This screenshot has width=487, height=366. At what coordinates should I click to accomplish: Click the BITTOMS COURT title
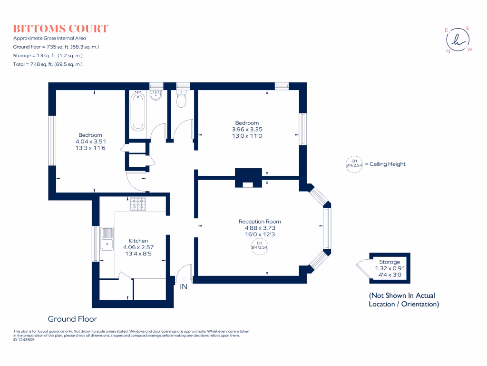coord(61,28)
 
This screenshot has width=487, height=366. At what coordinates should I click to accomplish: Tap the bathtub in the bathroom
coord(137,112)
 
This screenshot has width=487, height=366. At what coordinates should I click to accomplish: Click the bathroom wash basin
coord(156,95)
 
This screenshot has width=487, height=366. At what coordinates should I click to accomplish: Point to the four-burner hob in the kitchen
coord(138,204)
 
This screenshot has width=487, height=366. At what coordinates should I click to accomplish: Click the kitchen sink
coord(107,239)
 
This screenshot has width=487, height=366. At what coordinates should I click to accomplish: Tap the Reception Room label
coord(259,221)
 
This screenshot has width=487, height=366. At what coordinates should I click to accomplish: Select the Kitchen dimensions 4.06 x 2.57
coord(138,247)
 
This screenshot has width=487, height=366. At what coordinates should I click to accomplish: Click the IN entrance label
coord(184,287)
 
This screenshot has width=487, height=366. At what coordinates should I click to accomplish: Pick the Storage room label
coord(390,262)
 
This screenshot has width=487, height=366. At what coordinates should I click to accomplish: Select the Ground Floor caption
coord(72,319)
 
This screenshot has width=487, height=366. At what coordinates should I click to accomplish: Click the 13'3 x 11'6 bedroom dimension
coord(90,148)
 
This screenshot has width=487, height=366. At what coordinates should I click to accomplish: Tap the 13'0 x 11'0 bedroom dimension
coord(247,136)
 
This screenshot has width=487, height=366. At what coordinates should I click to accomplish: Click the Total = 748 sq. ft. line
coord(48,64)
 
